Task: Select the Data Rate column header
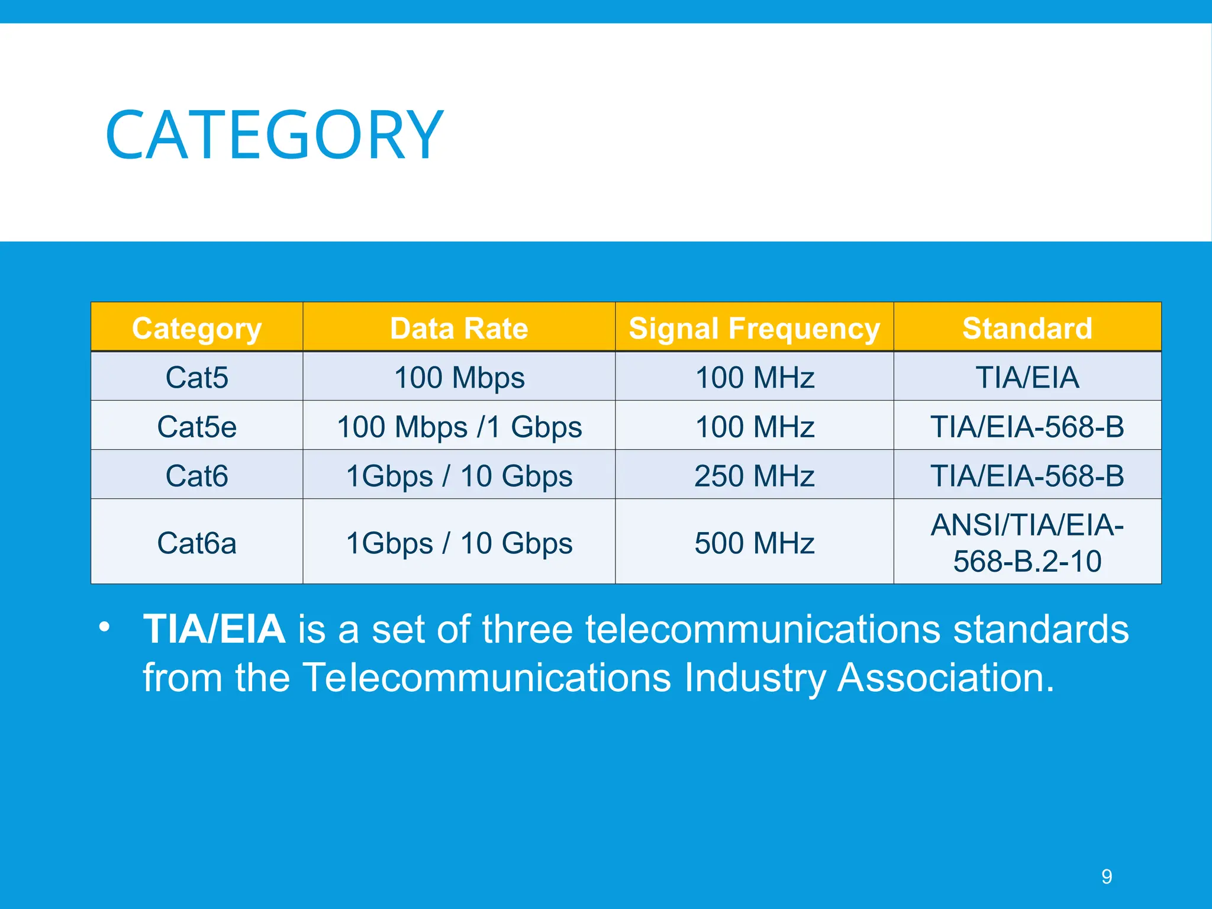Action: coord(459,328)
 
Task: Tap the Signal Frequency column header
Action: coord(754,328)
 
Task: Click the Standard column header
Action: coord(1027,328)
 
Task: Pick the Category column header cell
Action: coord(196,328)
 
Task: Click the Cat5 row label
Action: coord(196,377)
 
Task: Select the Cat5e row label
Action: coord(196,426)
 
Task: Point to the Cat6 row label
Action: coord(196,475)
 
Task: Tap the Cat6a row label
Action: coord(196,543)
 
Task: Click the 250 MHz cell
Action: coord(754,475)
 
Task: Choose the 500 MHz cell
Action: coord(754,543)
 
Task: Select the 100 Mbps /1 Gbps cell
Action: coord(459,426)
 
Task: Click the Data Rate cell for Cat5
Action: coord(459,377)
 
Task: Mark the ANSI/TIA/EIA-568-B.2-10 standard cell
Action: coord(1027,543)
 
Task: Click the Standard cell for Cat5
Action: coord(1027,377)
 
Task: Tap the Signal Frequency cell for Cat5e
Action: coord(754,426)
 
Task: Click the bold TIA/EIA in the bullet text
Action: coord(214,628)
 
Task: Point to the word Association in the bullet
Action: coord(945,677)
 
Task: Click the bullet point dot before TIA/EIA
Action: coord(104,627)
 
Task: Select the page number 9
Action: coord(1106,876)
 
